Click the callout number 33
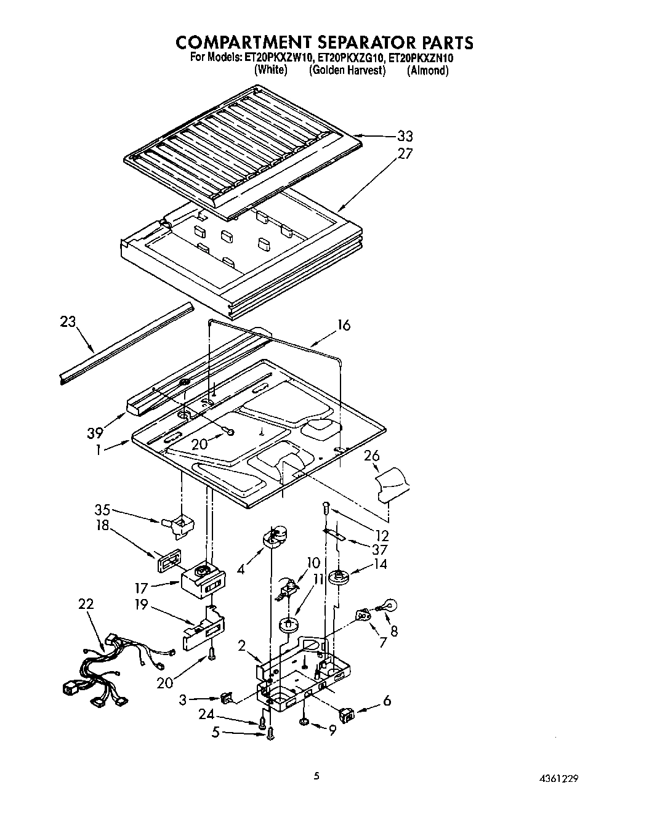(404, 137)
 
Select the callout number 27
(405, 153)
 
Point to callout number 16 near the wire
(344, 325)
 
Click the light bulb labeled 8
(390, 605)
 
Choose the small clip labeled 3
(227, 698)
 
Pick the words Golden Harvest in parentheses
(347, 70)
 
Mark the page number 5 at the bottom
(316, 777)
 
